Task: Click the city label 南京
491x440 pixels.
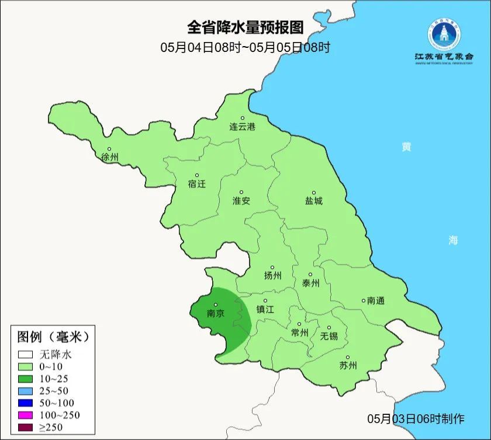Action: tap(216, 313)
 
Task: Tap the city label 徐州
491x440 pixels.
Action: tap(109, 158)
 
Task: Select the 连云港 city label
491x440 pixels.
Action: tap(242, 127)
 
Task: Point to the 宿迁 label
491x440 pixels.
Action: tap(197, 184)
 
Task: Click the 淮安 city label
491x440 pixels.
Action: tap(241, 201)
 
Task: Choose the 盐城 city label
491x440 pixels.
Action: tap(313, 201)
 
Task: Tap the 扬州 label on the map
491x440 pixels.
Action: tap(272, 275)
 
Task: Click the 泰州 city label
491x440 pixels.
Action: tap(310, 283)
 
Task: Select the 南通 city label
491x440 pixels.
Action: tap(376, 301)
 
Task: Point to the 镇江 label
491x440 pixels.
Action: tap(265, 310)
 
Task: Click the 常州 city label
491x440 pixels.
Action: tap(299, 333)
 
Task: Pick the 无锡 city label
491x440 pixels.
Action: tap(329, 336)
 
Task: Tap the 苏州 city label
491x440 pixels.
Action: tap(348, 366)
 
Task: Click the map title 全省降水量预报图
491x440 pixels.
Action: tap(245, 27)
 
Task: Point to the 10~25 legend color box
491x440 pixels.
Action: tap(25, 378)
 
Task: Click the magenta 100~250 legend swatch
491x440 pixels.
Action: tap(25, 415)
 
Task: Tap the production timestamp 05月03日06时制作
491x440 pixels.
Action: tap(416, 418)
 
